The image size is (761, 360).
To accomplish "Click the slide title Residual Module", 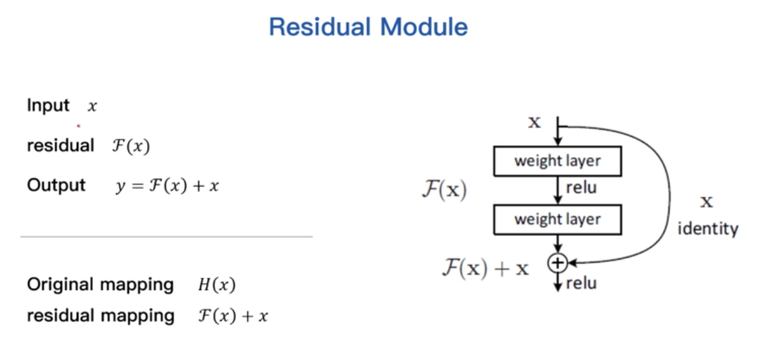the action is pos(368,27).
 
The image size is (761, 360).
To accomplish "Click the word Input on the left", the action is pos(48,106).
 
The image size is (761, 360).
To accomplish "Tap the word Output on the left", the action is pos(56,185).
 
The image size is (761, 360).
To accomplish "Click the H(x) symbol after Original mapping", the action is pos(216,286).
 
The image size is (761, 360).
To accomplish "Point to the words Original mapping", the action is pos(100,285).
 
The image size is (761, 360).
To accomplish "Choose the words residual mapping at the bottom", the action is pos(100,315).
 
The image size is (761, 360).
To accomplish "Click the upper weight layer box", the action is pos(557,162).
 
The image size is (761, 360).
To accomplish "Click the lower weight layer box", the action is pos(557,220).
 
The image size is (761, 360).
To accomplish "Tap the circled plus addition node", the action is pos(557,262).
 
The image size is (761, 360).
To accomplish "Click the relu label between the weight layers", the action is pos(581,188).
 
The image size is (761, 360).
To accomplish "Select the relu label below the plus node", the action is pos(581,284).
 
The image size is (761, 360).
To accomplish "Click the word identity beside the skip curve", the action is pos(708,228).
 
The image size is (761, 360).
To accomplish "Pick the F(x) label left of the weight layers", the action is pos(444,190).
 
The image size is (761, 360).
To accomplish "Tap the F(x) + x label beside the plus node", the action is pos(485,268).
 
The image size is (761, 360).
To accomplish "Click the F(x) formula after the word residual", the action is pos(130,146).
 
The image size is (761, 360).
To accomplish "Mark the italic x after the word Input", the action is pos(92,107).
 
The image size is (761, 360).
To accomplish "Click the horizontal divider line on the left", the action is pos(166,237).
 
